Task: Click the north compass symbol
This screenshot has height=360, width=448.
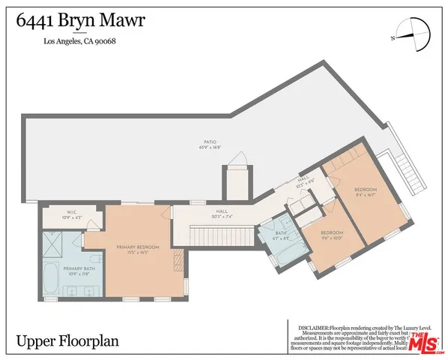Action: click(405, 34)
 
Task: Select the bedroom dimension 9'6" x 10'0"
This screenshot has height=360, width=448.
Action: click(331, 238)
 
